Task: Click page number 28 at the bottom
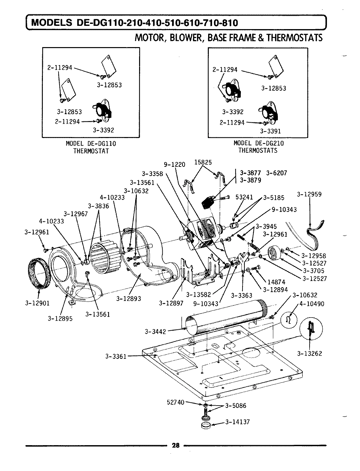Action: [x=176, y=445]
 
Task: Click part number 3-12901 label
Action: [x=37, y=303]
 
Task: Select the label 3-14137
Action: [x=238, y=422]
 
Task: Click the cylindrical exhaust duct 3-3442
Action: [x=226, y=315]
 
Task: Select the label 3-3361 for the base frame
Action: [x=116, y=356]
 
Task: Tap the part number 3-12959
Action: [x=309, y=194]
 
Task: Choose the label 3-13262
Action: [x=310, y=353]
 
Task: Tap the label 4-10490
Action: [x=312, y=304]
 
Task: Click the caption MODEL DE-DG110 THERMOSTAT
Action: [x=91, y=147]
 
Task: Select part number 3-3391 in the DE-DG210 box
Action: [x=270, y=131]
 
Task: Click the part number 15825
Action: [x=203, y=162]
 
